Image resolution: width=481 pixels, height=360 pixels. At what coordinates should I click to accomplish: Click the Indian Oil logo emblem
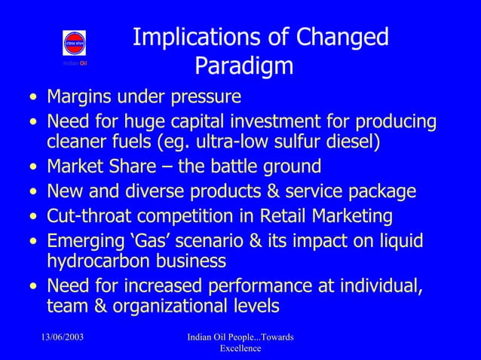point(74,44)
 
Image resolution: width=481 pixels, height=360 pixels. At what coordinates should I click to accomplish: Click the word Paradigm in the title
point(244,67)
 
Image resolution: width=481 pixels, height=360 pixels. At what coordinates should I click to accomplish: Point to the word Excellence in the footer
point(240,348)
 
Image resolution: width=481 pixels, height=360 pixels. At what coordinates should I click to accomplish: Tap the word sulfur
point(298,142)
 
